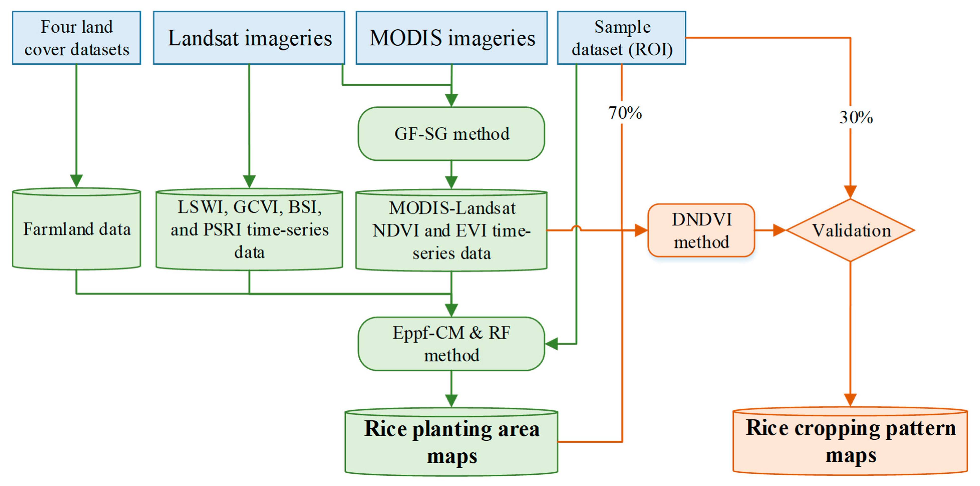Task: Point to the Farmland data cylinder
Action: point(76,229)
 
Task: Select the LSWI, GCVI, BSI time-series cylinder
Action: point(249,230)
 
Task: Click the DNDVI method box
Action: point(701,230)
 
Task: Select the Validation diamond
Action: point(851,230)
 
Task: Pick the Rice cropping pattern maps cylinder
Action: point(850,441)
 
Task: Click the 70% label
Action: point(625,113)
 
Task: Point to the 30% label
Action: point(856,118)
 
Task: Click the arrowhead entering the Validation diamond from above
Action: point(850,192)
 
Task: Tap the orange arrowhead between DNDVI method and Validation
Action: point(779,230)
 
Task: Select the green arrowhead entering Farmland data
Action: point(76,181)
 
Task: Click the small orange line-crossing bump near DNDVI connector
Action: point(576,228)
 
